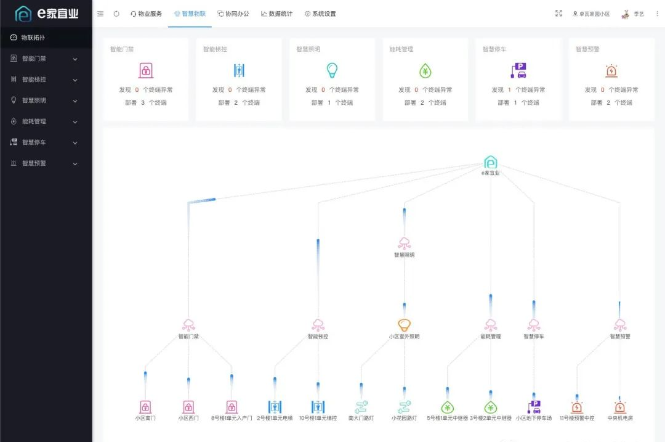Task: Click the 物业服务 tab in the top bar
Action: coord(146,14)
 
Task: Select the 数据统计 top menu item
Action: coord(277,14)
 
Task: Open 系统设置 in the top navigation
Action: coord(320,14)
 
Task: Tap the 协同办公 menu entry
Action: coord(233,14)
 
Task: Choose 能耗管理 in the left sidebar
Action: coord(34,121)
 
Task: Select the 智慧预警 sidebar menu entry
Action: coord(34,163)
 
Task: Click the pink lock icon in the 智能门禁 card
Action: coord(146,70)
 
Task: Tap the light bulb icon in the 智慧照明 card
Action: coord(332,70)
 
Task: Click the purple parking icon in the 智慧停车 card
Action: coord(518,70)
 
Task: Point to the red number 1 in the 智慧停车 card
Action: coord(509,90)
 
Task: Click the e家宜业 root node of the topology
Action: coord(491,163)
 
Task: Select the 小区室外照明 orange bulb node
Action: coord(404,325)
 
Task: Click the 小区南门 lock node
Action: coord(145,407)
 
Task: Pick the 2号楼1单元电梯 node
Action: coord(275,407)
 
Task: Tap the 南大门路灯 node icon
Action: coord(361,407)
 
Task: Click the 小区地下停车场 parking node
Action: coord(534,407)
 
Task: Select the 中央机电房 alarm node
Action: coord(620,407)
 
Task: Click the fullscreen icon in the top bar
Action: coord(558,14)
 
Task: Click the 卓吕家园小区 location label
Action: coord(591,14)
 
